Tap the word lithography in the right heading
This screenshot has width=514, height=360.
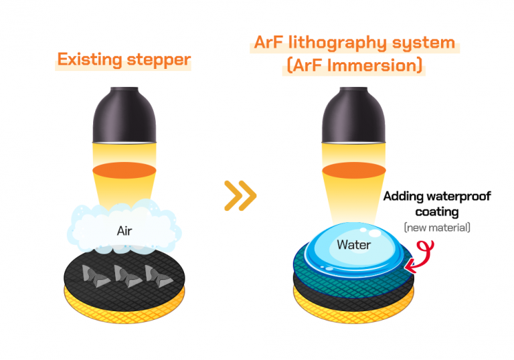pyautogui.click(x=340, y=43)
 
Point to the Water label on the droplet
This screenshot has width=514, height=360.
pyautogui.click(x=353, y=244)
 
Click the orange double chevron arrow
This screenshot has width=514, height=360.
pyautogui.click(x=240, y=195)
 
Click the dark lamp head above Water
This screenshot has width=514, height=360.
pyautogui.click(x=353, y=114)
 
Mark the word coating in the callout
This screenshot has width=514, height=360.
pyautogui.click(x=437, y=212)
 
